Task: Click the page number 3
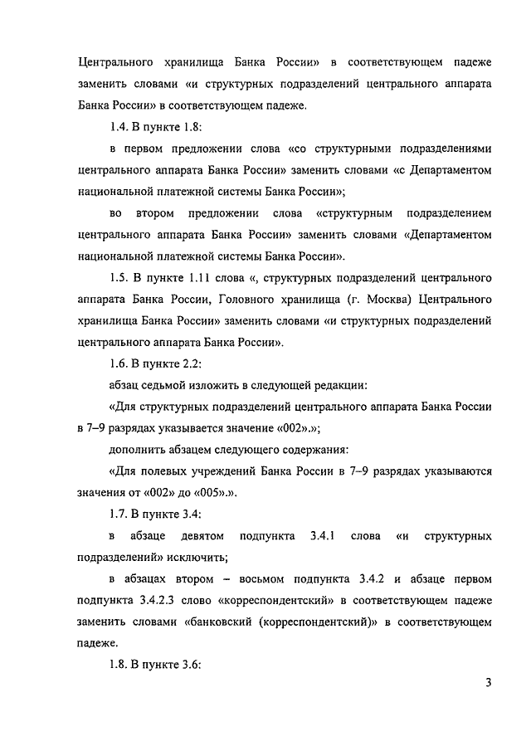490,683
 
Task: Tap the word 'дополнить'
140,450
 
